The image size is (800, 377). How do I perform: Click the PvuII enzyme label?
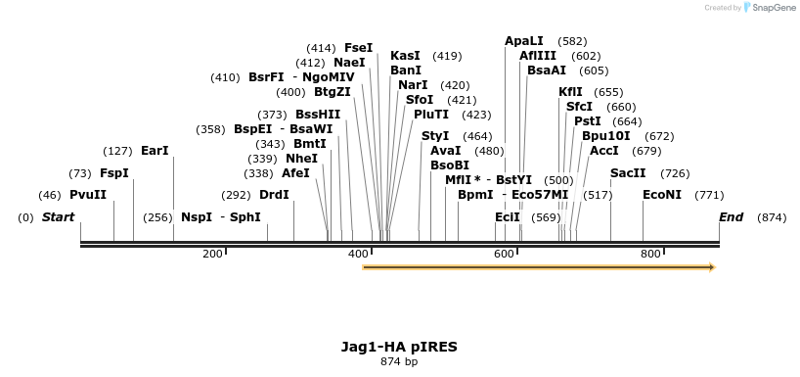pyautogui.click(x=88, y=195)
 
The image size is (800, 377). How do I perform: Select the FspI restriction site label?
pyautogui.click(x=113, y=173)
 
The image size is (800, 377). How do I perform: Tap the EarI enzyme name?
pyautogui.click(x=155, y=151)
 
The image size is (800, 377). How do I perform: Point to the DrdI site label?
pyautogui.click(x=274, y=195)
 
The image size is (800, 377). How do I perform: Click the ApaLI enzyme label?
pyautogui.click(x=524, y=41)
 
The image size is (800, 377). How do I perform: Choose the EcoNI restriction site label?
pyautogui.click(x=662, y=195)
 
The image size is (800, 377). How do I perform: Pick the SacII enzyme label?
pyautogui.click(x=628, y=173)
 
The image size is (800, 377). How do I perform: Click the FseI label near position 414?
pyautogui.click(x=358, y=48)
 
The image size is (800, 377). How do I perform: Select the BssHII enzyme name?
pyautogui.click(x=318, y=115)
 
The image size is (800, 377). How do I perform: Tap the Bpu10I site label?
pyautogui.click(x=606, y=136)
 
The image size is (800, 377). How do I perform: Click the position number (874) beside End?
pyautogui.click(x=771, y=217)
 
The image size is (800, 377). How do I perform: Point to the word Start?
pyautogui.click(x=58, y=217)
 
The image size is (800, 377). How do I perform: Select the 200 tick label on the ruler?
pyautogui.click(x=212, y=255)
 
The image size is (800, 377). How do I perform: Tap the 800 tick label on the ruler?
pyautogui.click(x=650, y=255)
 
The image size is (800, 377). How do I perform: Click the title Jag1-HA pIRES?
pyautogui.click(x=399, y=347)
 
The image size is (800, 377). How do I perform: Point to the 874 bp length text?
pyautogui.click(x=399, y=362)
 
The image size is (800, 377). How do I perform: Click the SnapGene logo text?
pyautogui.click(x=773, y=8)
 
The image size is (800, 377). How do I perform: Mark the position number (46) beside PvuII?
pyautogui.click(x=49, y=195)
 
